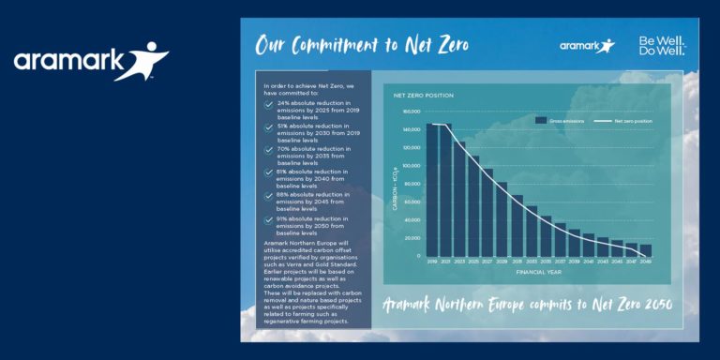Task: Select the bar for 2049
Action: pos(645,251)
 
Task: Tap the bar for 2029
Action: pos(502,218)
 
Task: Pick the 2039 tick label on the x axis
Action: pos(574,262)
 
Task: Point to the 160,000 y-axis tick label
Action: pos(411,112)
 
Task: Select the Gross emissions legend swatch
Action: pos(541,121)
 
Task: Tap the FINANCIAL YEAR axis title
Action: pos(539,272)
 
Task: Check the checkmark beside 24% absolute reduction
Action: pos(269,103)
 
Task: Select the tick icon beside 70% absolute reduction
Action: pos(269,150)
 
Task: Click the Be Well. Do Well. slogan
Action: pos(662,45)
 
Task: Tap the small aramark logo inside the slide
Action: pos(587,45)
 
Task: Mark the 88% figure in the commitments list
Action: pos(283,192)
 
